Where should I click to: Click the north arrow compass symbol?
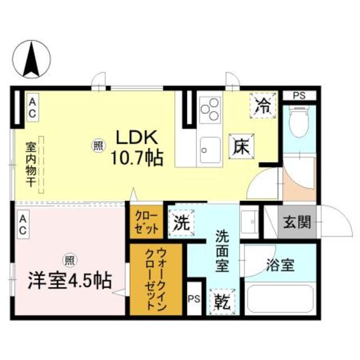(x=31, y=59)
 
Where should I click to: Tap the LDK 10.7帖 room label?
(x=137, y=147)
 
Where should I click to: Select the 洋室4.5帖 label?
(x=70, y=280)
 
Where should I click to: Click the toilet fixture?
(x=299, y=121)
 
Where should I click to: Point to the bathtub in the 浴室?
(x=280, y=299)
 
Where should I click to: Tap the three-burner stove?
(x=210, y=110)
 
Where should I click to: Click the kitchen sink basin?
(x=210, y=150)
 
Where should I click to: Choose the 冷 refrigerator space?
(x=263, y=106)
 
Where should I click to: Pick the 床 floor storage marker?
(x=241, y=146)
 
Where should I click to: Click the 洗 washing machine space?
(x=181, y=223)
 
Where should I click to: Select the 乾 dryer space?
(x=222, y=301)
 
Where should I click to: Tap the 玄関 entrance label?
(x=297, y=222)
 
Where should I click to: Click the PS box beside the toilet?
(x=299, y=95)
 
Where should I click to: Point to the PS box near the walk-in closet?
(x=194, y=299)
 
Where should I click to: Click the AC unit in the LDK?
(x=33, y=107)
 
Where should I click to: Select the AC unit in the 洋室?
(x=23, y=224)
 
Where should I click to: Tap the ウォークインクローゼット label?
(x=156, y=280)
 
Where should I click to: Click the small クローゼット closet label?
(x=146, y=222)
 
